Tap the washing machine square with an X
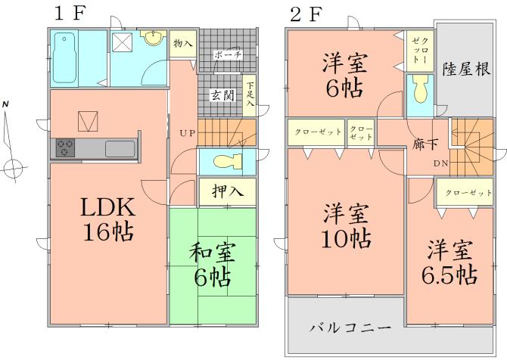(x=123, y=44)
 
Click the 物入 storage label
(x=182, y=44)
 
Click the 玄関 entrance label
(x=222, y=95)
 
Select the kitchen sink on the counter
(x=119, y=147)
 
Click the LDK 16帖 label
(x=107, y=219)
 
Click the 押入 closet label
(x=227, y=191)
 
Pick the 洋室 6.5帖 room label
(x=450, y=261)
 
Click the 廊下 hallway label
(x=424, y=141)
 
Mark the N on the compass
(x=6, y=103)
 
